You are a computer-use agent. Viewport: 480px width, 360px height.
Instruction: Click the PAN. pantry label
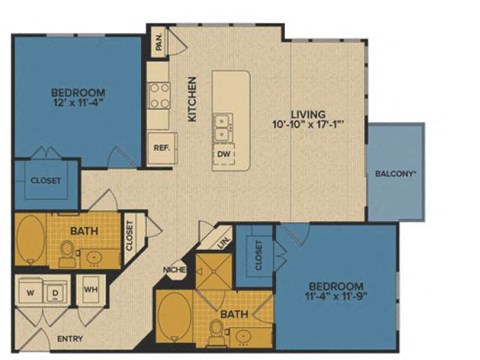[158, 42]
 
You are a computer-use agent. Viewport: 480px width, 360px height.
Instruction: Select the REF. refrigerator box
[160, 146]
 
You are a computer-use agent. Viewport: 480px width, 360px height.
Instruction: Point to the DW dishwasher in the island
[223, 155]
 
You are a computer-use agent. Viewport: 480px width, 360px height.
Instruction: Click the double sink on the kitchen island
[223, 128]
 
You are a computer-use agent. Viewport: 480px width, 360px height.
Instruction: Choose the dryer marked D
[57, 293]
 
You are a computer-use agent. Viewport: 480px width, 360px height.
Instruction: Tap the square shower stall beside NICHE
[214, 273]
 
